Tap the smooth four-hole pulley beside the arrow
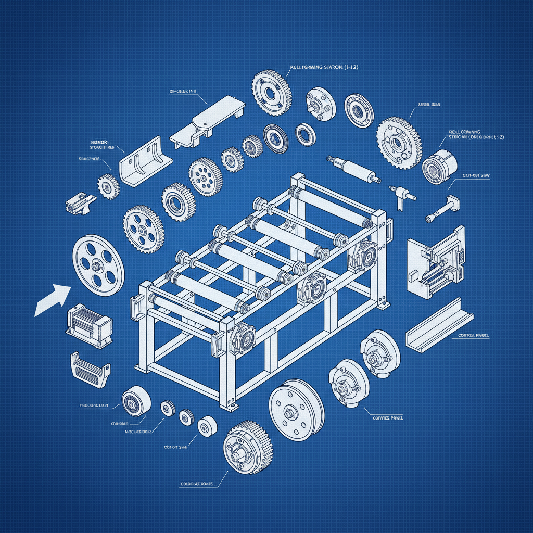point(98,265)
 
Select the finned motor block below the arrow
point(88,326)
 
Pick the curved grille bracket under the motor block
point(89,369)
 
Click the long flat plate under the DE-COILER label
point(208,122)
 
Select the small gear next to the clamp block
point(108,186)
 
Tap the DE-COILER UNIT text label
point(182,92)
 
